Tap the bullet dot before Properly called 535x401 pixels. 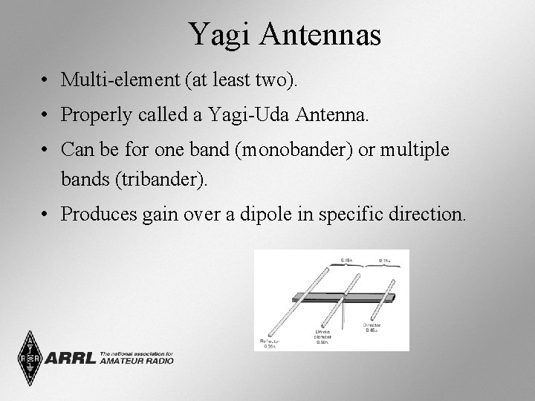tap(46, 115)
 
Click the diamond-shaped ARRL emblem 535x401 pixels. tap(30, 358)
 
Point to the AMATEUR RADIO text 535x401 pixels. tap(136, 361)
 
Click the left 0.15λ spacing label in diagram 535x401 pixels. tap(346, 259)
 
